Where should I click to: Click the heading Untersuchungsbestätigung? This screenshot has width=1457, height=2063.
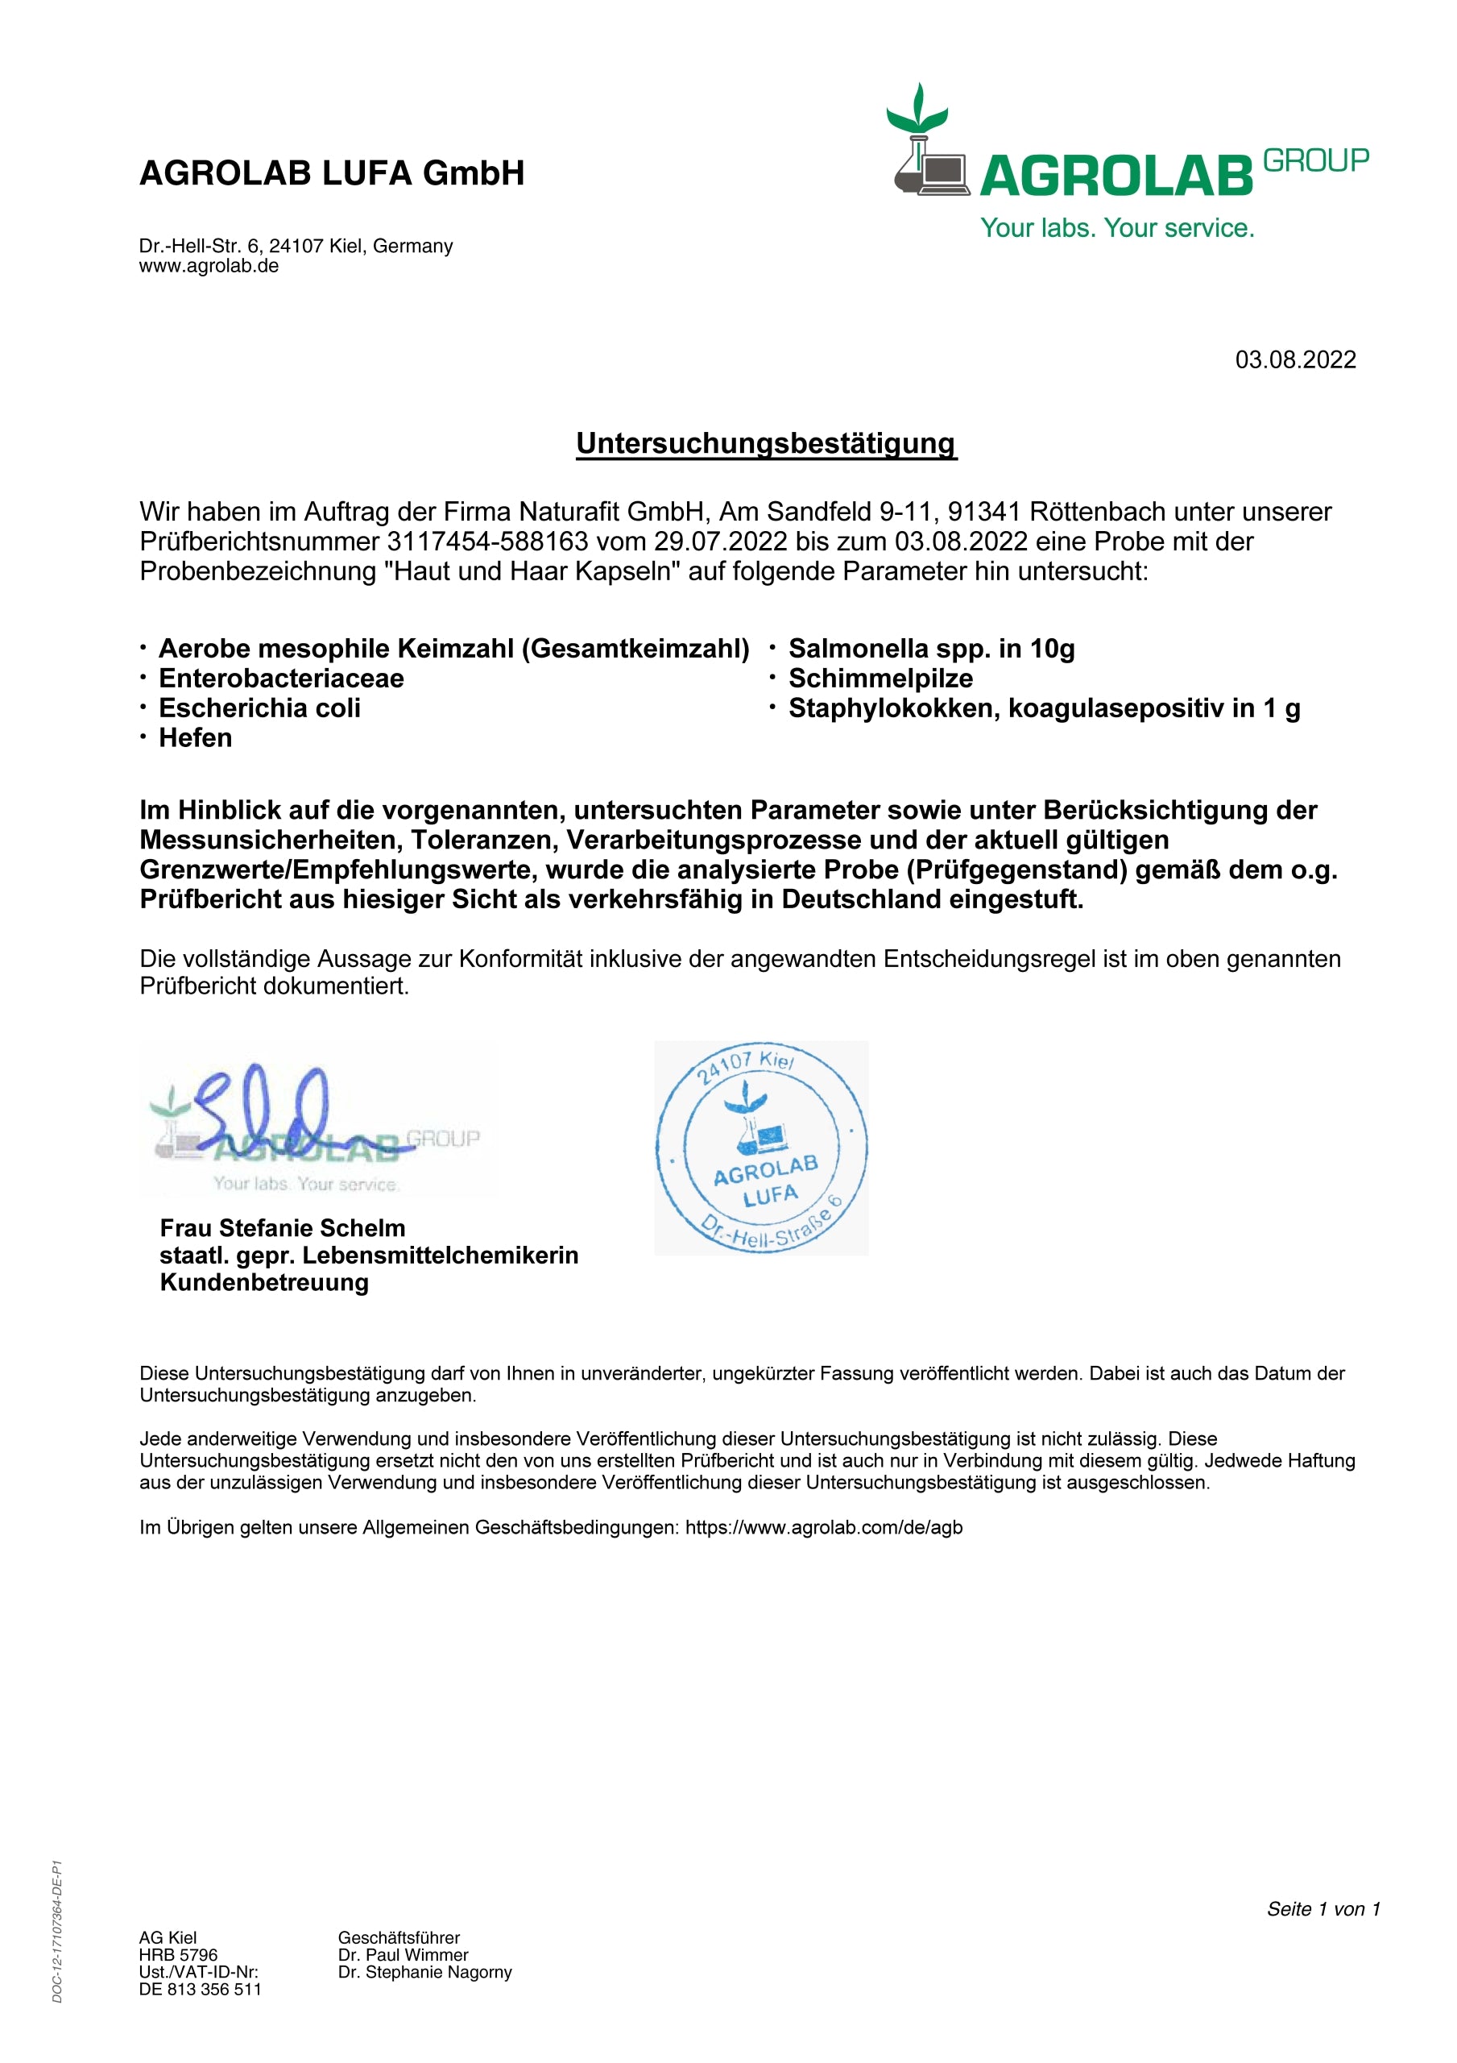[766, 444]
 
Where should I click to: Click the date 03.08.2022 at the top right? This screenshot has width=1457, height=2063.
[1295, 360]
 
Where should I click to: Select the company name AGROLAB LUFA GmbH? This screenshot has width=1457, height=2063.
[332, 173]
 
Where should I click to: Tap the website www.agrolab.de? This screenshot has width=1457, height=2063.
[209, 266]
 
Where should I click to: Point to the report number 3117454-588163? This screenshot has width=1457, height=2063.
[486, 542]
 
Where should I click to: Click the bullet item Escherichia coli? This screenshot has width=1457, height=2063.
[259, 708]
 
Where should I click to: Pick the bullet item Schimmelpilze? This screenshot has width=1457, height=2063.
[880, 679]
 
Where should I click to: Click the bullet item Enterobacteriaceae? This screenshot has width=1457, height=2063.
[281, 679]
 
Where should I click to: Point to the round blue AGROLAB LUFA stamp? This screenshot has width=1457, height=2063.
[761, 1148]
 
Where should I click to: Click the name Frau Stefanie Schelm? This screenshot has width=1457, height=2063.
[282, 1228]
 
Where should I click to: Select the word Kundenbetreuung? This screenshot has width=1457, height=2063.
[264, 1282]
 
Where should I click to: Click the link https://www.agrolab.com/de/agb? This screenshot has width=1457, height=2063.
[824, 1527]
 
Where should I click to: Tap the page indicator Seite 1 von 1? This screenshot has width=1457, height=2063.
[1322, 1909]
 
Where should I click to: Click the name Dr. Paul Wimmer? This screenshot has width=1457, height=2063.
[404, 1955]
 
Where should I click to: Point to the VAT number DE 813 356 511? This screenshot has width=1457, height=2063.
[201, 1990]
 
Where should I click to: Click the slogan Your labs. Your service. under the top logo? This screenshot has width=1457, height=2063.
[1116, 228]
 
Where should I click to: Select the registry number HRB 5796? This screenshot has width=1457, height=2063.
[178, 1955]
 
